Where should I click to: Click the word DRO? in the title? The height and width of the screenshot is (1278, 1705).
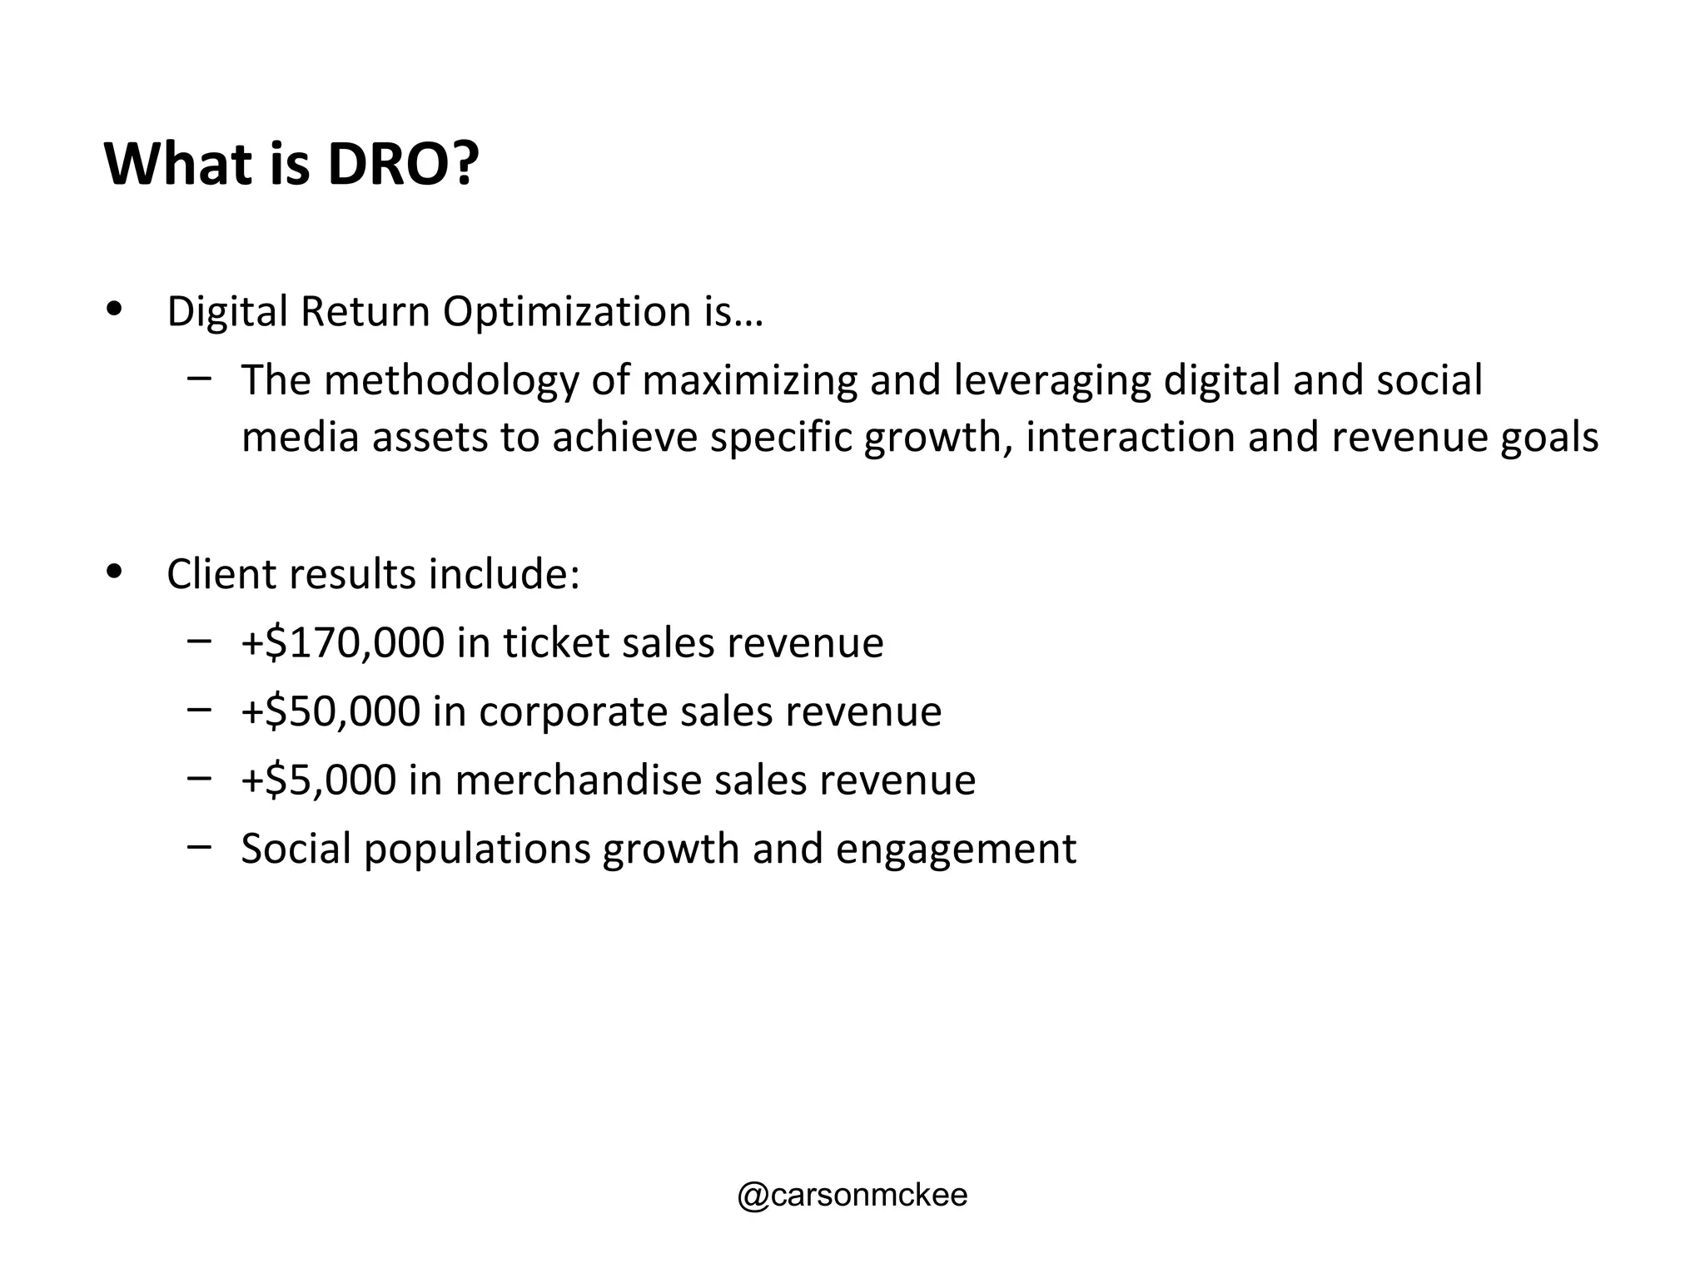pos(404,164)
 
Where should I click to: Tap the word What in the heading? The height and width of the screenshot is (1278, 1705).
pos(178,164)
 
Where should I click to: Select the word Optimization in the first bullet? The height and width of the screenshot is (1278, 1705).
pos(567,312)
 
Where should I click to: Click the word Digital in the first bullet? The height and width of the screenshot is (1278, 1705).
pos(227,312)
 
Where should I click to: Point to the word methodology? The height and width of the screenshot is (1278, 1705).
pos(450,380)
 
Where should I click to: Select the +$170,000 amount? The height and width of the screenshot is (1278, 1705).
pos(343,643)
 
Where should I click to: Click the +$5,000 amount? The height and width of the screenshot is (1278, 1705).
pos(318,780)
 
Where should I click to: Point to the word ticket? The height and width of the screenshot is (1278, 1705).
pos(555,643)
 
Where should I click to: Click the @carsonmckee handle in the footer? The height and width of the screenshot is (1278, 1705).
pos(852,1196)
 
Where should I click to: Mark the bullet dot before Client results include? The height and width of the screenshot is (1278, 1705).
pos(114,572)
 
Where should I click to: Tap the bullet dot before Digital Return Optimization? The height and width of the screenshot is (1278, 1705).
pos(114,309)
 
